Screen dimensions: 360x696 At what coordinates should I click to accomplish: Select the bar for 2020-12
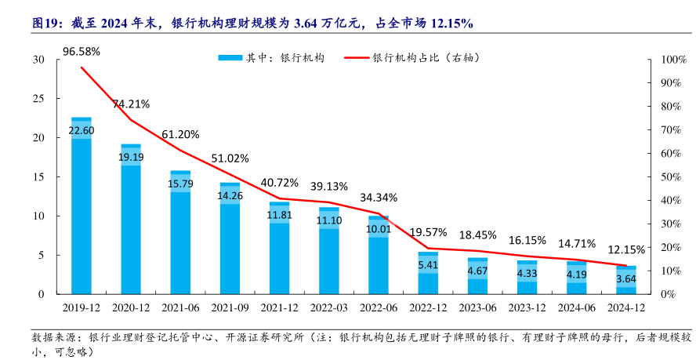coord(131,219)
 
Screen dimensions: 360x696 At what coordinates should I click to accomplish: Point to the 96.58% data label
coord(82,52)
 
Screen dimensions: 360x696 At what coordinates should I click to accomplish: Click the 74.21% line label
coord(131,104)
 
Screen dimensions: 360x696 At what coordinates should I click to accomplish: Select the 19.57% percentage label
coord(428,232)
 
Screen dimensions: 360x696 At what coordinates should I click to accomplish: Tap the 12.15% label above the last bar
coord(626,249)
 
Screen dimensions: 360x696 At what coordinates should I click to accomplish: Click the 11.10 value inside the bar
coord(329,221)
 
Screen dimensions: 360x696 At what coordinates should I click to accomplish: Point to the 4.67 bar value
coord(478,271)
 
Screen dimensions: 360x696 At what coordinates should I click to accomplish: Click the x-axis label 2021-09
coord(230,309)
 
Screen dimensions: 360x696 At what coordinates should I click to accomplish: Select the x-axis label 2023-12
coord(527,309)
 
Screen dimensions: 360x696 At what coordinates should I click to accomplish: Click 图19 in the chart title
coord(46,24)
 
